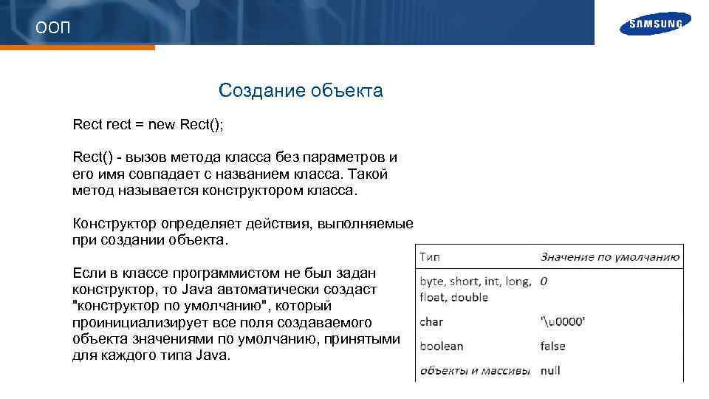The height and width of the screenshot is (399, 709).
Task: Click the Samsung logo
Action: pos(656,24)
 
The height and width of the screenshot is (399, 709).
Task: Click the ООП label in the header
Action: pos(54,28)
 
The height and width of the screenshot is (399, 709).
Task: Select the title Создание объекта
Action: pos(301,91)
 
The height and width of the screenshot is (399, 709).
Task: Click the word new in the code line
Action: pos(162,124)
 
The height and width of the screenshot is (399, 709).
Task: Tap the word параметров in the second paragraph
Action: pos(346,157)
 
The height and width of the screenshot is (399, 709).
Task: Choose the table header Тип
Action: pos(431,257)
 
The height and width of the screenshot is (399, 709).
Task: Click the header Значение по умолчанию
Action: pos(609,257)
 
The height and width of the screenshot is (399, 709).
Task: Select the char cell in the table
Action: pos(431,322)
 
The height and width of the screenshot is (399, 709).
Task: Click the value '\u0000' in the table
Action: pos(563,322)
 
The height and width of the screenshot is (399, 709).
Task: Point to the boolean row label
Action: pos(442,346)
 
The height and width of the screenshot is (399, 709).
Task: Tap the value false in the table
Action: pos(552,346)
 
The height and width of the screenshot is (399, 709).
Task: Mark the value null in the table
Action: pos(550,370)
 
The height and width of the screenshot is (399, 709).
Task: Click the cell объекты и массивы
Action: pos(475,370)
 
